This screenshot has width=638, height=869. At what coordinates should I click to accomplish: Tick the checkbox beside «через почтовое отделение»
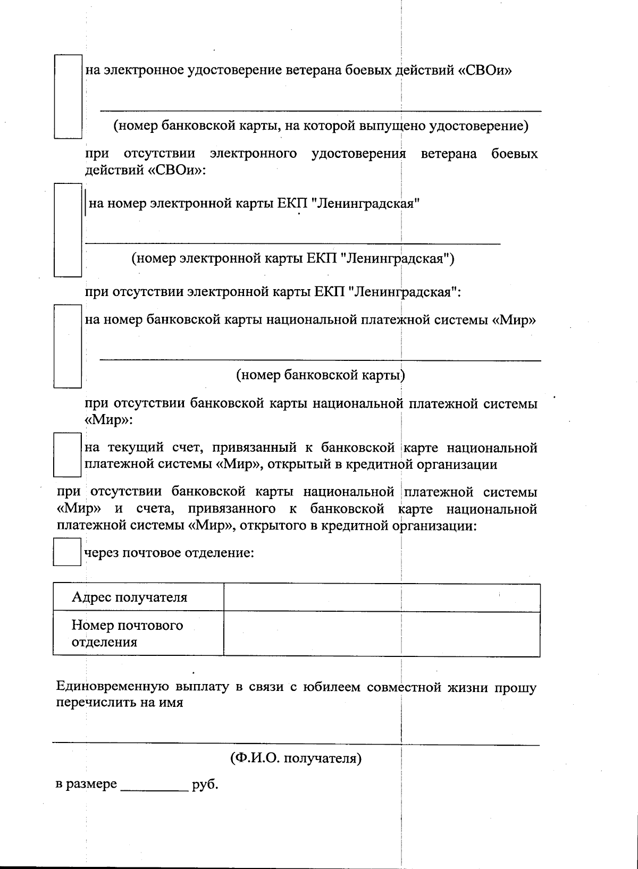point(67,552)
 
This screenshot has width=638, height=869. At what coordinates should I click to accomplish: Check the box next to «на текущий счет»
point(67,455)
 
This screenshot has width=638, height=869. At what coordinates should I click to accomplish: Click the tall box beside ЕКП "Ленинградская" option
point(68,230)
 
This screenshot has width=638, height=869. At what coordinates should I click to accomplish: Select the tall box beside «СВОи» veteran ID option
point(68,96)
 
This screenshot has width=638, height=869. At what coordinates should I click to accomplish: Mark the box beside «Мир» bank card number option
point(68,345)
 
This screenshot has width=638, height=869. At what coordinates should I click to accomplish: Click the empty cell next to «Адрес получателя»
point(381,597)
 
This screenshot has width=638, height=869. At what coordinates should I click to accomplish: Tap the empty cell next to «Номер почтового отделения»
point(381,634)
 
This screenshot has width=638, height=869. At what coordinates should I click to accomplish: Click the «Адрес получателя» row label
point(129,597)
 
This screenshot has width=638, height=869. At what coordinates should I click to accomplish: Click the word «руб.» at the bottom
point(205,784)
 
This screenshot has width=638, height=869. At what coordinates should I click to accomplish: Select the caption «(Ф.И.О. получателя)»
point(296,758)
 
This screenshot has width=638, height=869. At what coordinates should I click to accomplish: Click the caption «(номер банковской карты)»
point(320,375)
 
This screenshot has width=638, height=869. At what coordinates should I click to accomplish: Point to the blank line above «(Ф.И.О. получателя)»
point(296,744)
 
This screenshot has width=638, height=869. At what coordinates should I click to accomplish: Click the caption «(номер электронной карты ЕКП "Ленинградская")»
point(292,259)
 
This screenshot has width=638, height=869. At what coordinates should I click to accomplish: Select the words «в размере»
point(86,784)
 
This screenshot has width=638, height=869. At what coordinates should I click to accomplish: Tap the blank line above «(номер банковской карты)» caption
point(320,359)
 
